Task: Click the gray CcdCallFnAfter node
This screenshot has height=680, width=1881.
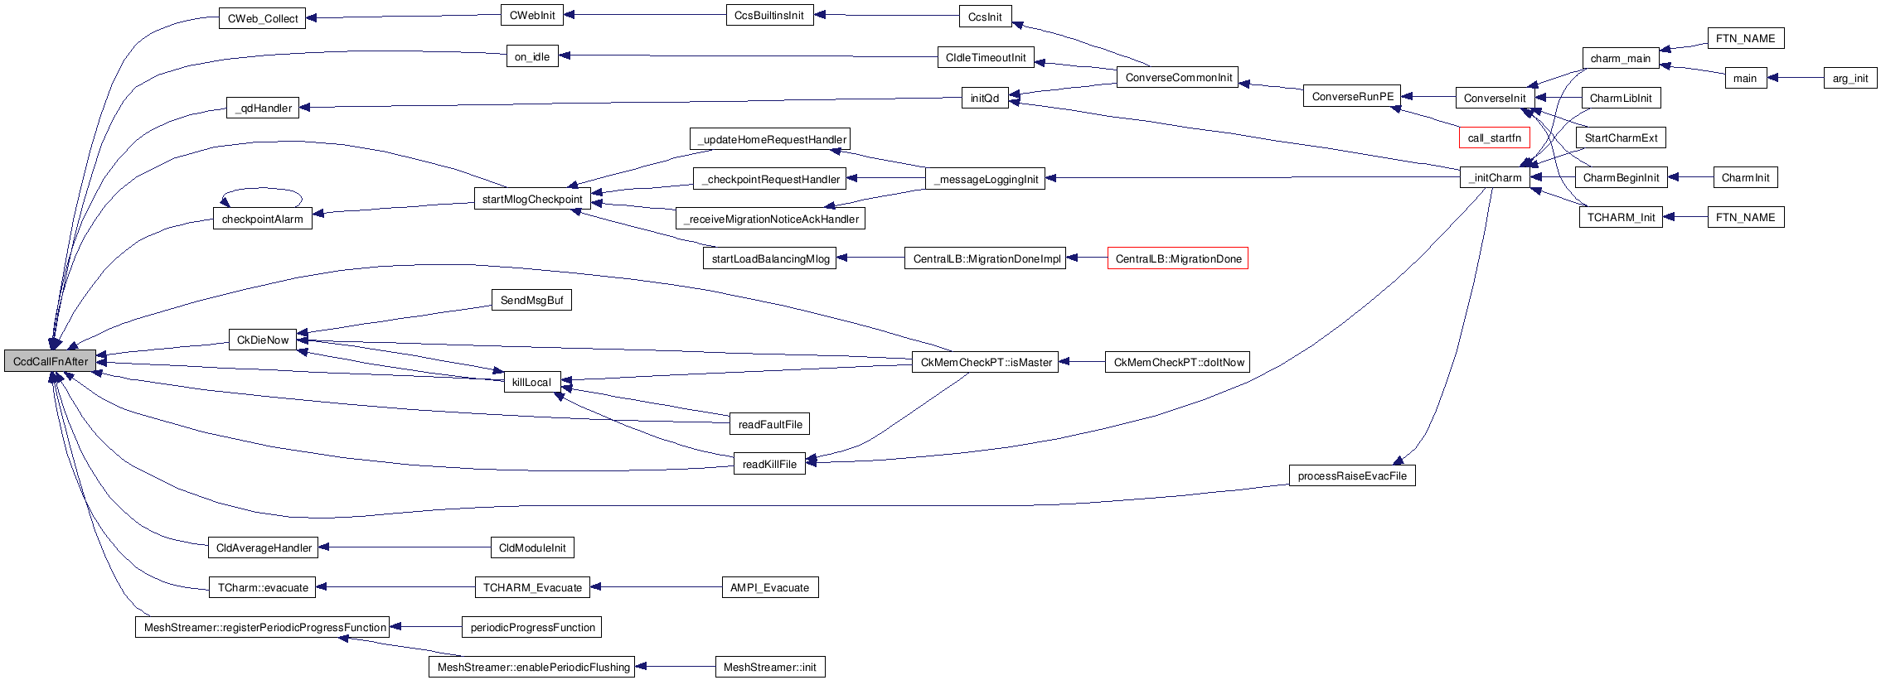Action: click(50, 361)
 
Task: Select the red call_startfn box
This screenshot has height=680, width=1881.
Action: click(1494, 137)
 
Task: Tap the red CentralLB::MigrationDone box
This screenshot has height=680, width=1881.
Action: click(1177, 258)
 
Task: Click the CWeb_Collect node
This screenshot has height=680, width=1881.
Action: click(262, 18)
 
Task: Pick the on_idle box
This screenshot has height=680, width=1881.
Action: click(531, 56)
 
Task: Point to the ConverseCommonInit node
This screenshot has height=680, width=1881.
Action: click(1177, 77)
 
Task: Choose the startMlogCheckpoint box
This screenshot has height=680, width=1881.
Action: click(531, 199)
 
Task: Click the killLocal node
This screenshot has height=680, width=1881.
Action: click(531, 382)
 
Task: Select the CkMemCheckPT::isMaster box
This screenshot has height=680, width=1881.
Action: click(985, 362)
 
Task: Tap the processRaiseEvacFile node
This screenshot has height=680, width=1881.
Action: click(1351, 475)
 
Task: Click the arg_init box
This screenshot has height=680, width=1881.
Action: click(1849, 78)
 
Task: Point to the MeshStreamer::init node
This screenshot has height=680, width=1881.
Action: click(769, 667)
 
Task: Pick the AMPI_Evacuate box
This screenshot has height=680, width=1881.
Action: click(769, 587)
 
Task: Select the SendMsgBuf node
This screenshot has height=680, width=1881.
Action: click(531, 300)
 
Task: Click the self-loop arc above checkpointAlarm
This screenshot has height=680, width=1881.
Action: click(262, 190)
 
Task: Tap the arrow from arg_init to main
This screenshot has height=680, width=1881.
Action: click(1795, 78)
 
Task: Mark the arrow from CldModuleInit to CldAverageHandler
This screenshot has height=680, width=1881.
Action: click(406, 547)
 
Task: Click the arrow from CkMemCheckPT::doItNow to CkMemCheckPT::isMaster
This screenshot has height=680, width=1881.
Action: click(1082, 362)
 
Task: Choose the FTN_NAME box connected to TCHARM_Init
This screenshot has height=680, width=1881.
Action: click(1745, 217)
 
